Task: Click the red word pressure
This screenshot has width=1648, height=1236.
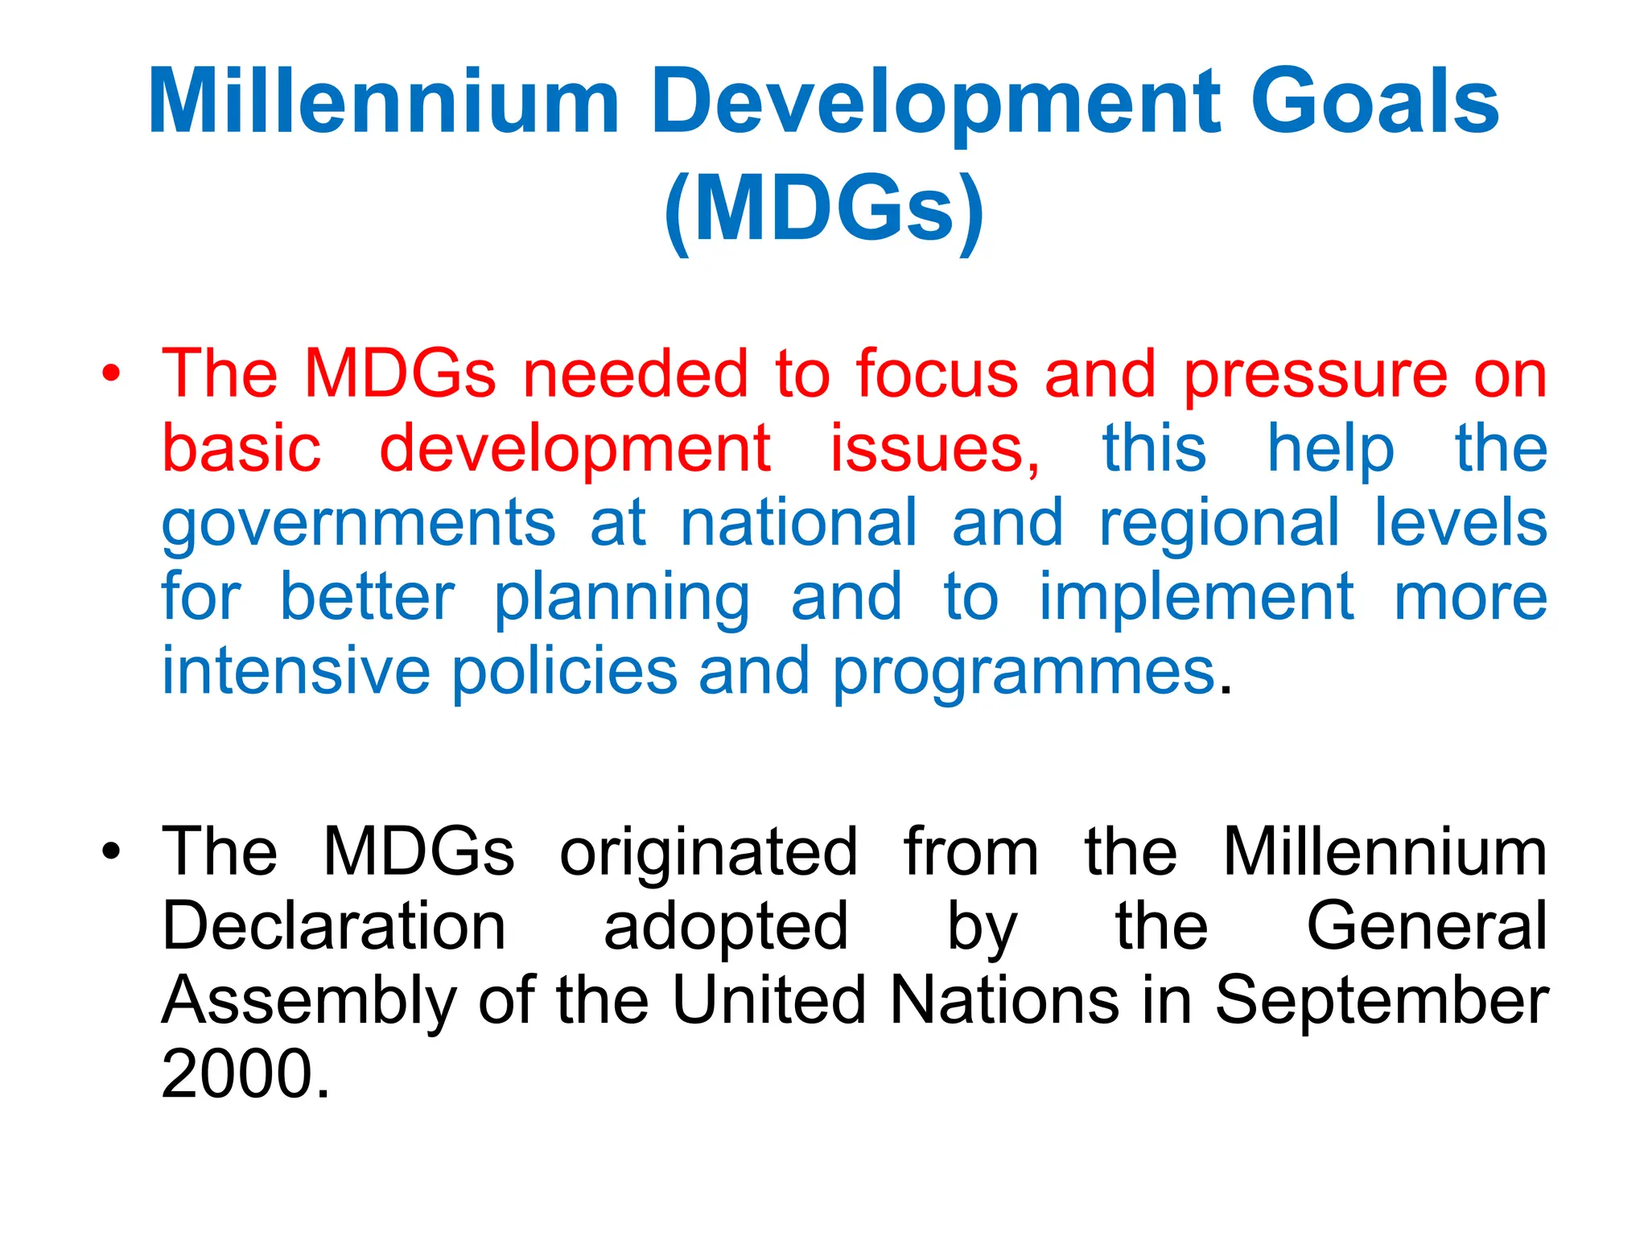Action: click(1315, 375)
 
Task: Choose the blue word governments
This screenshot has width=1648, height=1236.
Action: click(359, 524)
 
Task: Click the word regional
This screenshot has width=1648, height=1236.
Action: click(1219, 524)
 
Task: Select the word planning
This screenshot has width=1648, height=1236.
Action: click(622, 599)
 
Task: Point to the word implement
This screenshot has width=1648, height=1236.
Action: click(1197, 598)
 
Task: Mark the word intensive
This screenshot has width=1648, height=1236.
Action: click(296, 671)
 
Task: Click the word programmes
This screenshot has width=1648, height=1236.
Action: click(1023, 673)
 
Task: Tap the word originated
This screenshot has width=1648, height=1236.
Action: click(708, 853)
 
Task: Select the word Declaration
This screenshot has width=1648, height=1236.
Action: click(333, 926)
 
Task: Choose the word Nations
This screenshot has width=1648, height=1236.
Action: click(1005, 1000)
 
